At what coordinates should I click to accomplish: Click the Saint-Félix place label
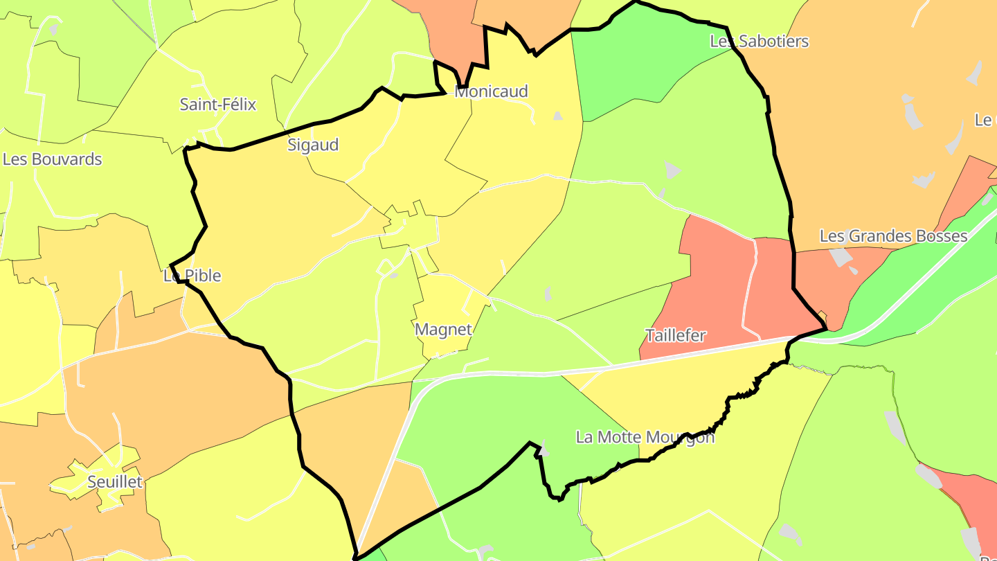(x=217, y=105)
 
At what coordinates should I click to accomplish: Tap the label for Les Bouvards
(x=53, y=159)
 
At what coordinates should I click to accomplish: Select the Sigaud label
(x=313, y=145)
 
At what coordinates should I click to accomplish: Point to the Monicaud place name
(x=491, y=91)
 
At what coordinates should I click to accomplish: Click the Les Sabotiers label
(x=759, y=42)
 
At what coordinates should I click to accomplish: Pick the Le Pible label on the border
(x=192, y=276)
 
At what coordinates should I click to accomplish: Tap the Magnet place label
(x=443, y=330)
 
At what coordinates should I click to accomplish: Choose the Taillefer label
(x=675, y=336)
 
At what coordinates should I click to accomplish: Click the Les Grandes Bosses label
(x=893, y=236)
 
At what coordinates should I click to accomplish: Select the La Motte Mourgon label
(x=645, y=438)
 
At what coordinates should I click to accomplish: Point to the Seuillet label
(x=115, y=482)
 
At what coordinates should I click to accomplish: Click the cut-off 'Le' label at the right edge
(x=985, y=120)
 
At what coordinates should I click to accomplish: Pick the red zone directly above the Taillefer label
(x=713, y=277)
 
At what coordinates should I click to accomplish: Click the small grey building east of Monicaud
(x=557, y=116)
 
